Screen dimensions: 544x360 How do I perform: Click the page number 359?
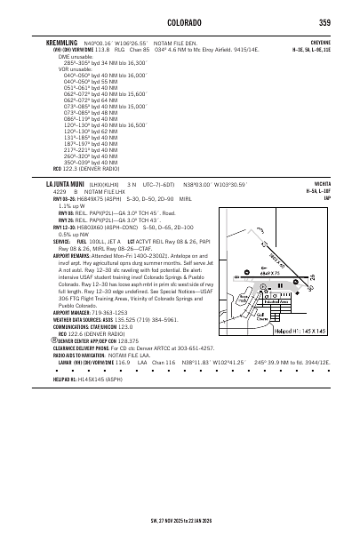pyautogui.click(x=329, y=22)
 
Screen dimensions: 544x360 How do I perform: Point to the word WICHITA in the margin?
pyautogui.click(x=324, y=183)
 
